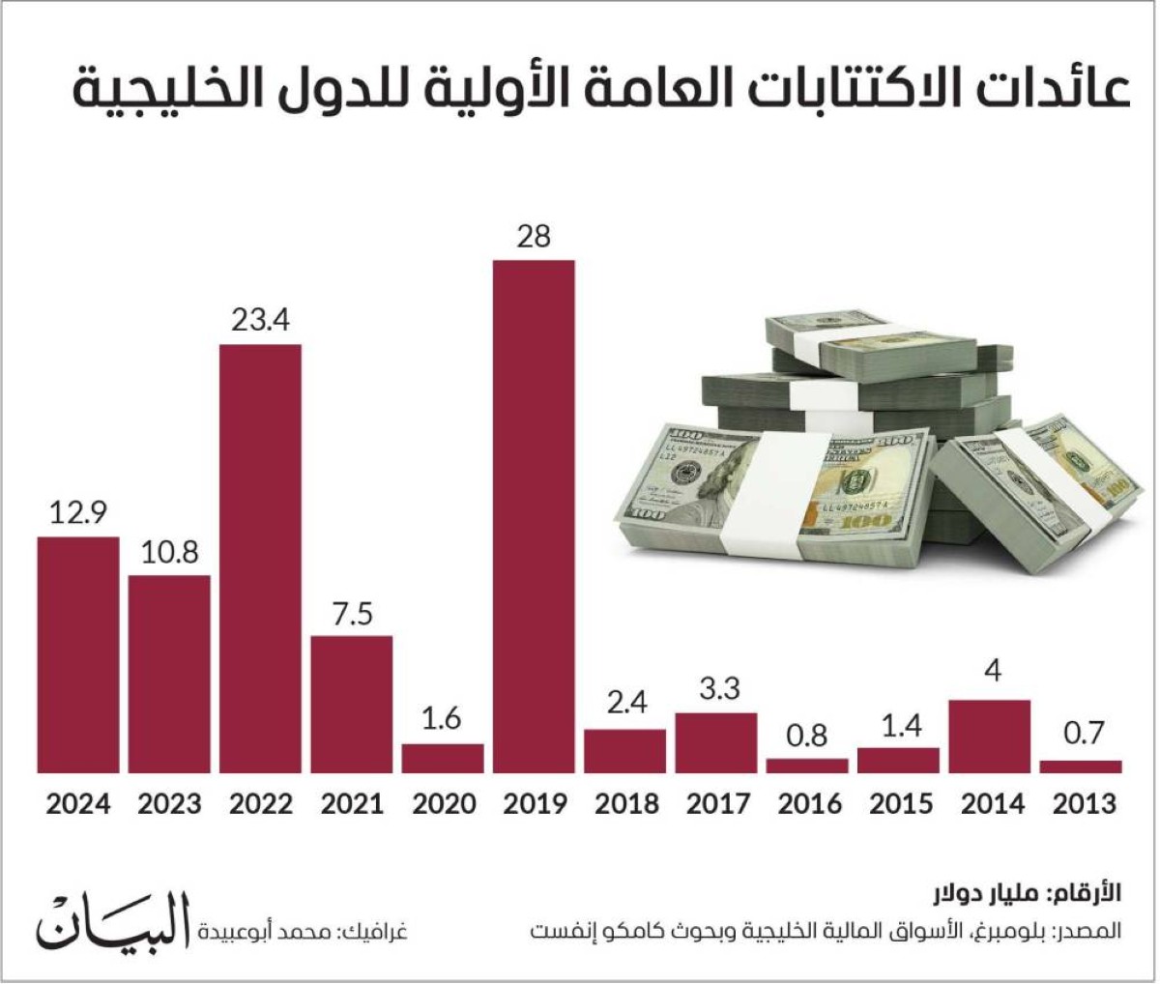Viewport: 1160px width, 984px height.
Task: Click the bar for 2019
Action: point(534,516)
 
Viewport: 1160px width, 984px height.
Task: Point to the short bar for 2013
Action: point(1081,767)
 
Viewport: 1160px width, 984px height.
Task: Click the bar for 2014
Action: point(990,737)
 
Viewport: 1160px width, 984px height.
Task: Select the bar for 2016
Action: point(807,766)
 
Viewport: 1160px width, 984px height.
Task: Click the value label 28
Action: point(534,236)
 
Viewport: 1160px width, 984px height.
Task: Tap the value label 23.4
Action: point(260,320)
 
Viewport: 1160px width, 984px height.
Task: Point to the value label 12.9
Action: point(78,512)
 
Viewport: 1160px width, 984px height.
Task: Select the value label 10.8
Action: point(169,552)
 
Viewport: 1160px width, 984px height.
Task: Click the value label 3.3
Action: point(716,688)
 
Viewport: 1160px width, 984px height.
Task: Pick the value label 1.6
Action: point(443,719)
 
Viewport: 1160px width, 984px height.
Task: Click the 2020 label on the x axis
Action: point(444,804)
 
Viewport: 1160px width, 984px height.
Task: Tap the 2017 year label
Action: point(717,804)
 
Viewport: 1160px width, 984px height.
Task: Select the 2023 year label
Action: point(169,804)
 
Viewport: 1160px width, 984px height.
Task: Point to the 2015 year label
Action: point(900,804)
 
